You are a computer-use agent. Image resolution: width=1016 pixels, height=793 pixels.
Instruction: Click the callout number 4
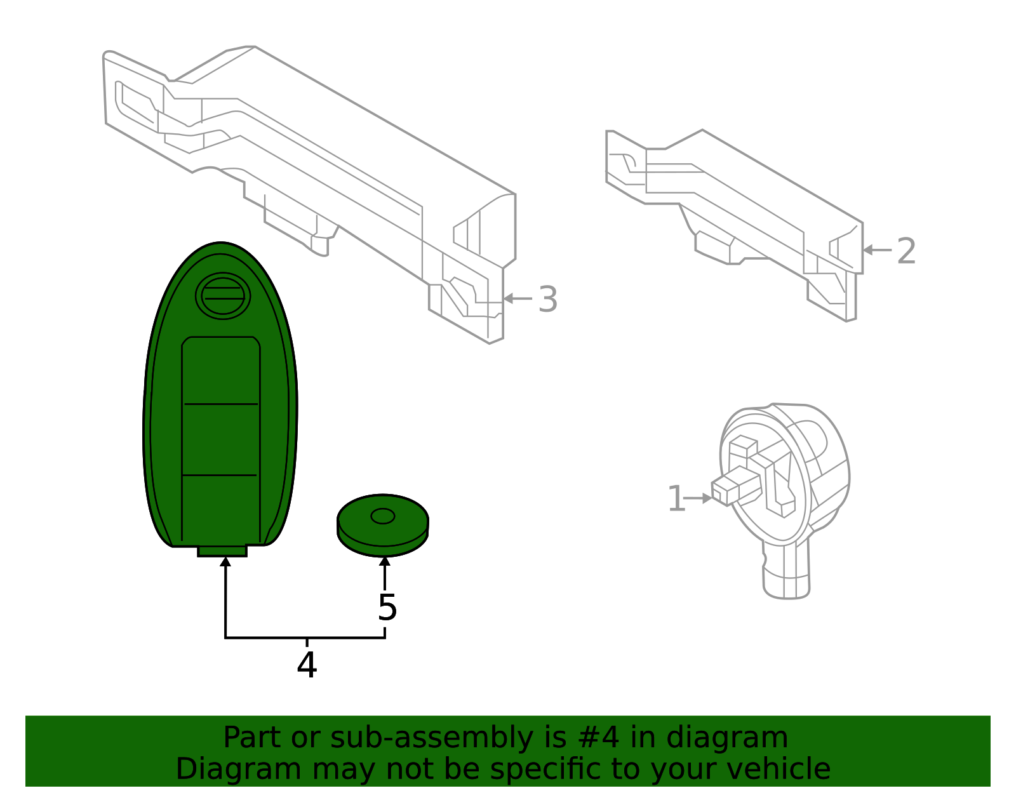click(x=307, y=665)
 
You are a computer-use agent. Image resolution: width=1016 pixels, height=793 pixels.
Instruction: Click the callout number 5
click(x=387, y=608)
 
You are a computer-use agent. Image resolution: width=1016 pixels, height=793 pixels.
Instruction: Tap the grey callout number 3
click(x=547, y=300)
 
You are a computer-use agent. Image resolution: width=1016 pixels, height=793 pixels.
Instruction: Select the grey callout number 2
click(x=906, y=251)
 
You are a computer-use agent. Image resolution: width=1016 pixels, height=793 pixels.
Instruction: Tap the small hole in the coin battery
click(x=382, y=516)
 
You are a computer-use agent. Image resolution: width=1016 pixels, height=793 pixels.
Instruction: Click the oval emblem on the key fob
click(x=223, y=296)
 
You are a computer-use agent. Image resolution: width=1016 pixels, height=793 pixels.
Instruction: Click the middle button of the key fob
click(x=221, y=439)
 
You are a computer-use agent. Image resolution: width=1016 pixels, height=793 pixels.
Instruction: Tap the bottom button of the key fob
click(x=221, y=508)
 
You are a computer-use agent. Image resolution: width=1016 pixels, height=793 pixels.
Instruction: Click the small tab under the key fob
click(x=222, y=550)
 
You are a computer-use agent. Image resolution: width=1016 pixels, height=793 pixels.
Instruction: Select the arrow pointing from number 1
click(x=698, y=498)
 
